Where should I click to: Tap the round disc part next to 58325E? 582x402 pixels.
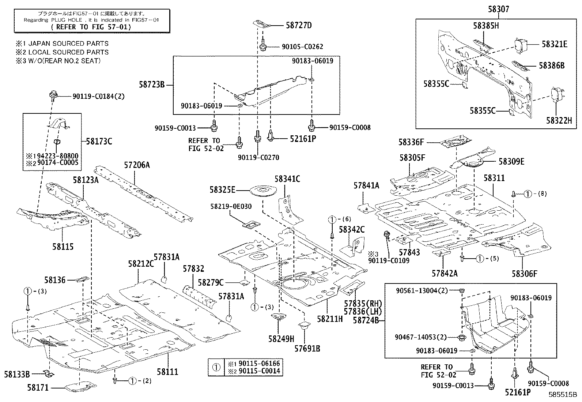pos(262,191)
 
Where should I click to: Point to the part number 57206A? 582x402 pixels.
pos(136,165)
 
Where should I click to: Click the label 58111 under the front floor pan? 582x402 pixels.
pos(167,372)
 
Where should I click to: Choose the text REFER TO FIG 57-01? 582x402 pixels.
pos(91,27)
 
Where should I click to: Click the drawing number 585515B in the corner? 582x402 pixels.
pos(562,395)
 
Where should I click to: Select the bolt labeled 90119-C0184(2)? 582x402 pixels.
pos(52,96)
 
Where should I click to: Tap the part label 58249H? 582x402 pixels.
pos(281,338)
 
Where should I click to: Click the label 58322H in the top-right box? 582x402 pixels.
pos(559,120)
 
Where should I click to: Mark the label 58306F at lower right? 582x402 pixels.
pos(524,273)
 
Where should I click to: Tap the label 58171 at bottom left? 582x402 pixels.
pos(38,387)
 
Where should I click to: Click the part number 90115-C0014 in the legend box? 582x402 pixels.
pos(259,371)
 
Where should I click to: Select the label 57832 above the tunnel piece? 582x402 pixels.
pos(193,269)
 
